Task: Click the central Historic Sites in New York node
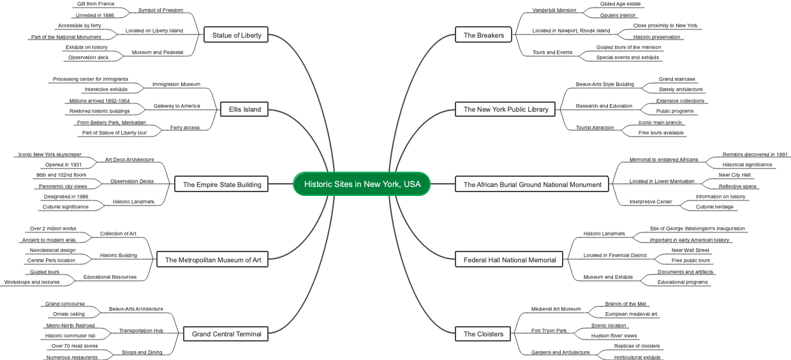(x=362, y=184)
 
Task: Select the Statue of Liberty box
(x=236, y=35)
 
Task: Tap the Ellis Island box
(x=245, y=109)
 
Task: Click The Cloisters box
(x=484, y=333)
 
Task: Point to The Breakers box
(x=484, y=35)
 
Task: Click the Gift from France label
(x=95, y=4)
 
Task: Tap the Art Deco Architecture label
(x=129, y=160)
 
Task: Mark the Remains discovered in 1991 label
(x=755, y=154)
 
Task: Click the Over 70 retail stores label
(x=75, y=347)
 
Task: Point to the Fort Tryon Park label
(x=549, y=331)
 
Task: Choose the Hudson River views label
(x=614, y=336)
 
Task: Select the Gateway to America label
(x=177, y=106)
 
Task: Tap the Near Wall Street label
(x=690, y=250)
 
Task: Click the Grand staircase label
(x=677, y=79)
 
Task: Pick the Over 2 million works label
(x=53, y=229)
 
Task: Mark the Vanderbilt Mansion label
(x=554, y=10)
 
